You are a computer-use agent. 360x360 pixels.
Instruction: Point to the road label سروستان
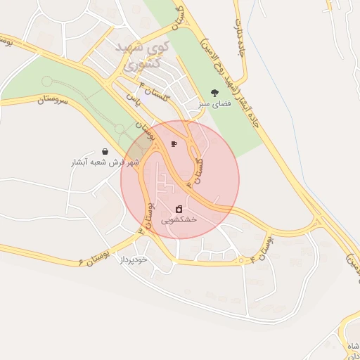click(50, 101)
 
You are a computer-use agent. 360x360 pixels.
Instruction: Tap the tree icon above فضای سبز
click(214, 92)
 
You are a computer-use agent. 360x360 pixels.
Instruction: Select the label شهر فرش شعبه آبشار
click(105, 162)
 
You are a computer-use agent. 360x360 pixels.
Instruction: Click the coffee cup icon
click(174, 144)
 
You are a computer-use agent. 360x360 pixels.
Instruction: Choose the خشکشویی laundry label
click(179, 219)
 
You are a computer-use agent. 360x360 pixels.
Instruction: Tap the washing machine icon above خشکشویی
click(179, 208)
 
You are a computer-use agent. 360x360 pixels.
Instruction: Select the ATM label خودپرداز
click(133, 259)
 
